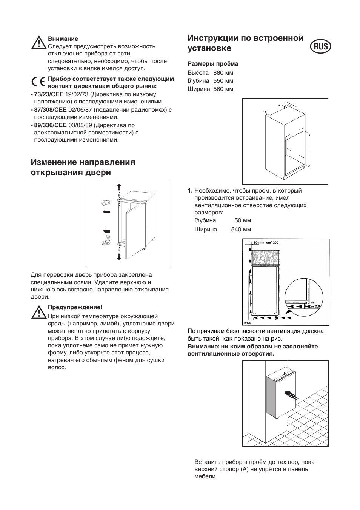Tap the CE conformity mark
38,82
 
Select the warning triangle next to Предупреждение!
38,312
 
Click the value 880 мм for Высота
223,72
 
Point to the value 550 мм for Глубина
223,81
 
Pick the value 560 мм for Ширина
223,89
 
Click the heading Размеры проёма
213,64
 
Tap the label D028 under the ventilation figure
247,324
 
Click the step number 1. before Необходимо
190,191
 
